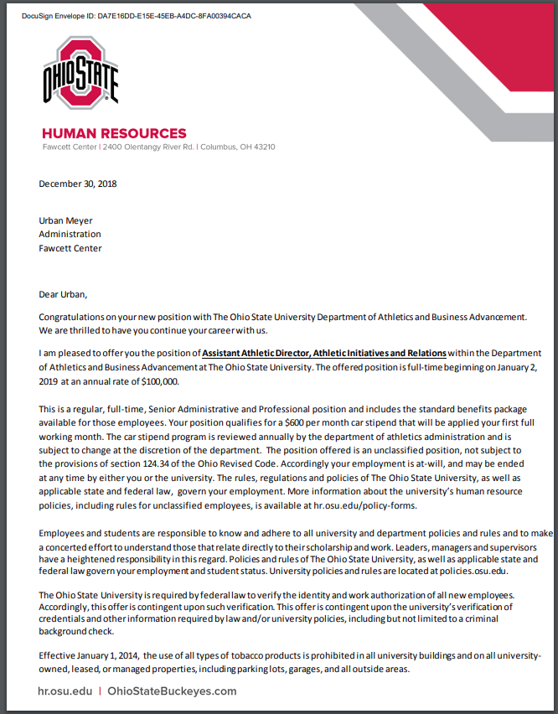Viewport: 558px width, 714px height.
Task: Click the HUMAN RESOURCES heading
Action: (x=114, y=133)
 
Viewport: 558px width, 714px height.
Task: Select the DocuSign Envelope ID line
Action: (x=136, y=16)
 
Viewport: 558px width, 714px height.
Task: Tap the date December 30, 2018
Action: (x=78, y=184)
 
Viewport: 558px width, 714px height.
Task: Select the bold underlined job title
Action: (x=324, y=353)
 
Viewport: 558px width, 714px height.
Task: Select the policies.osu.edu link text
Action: (x=468, y=571)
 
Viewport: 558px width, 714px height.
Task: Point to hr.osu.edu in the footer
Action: (x=65, y=691)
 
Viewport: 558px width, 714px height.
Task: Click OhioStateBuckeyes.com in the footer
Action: (x=173, y=691)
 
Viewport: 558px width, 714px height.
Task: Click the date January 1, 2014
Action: (x=105, y=654)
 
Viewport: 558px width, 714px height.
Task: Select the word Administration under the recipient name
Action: (x=70, y=234)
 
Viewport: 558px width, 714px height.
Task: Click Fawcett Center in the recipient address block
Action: (x=70, y=248)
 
